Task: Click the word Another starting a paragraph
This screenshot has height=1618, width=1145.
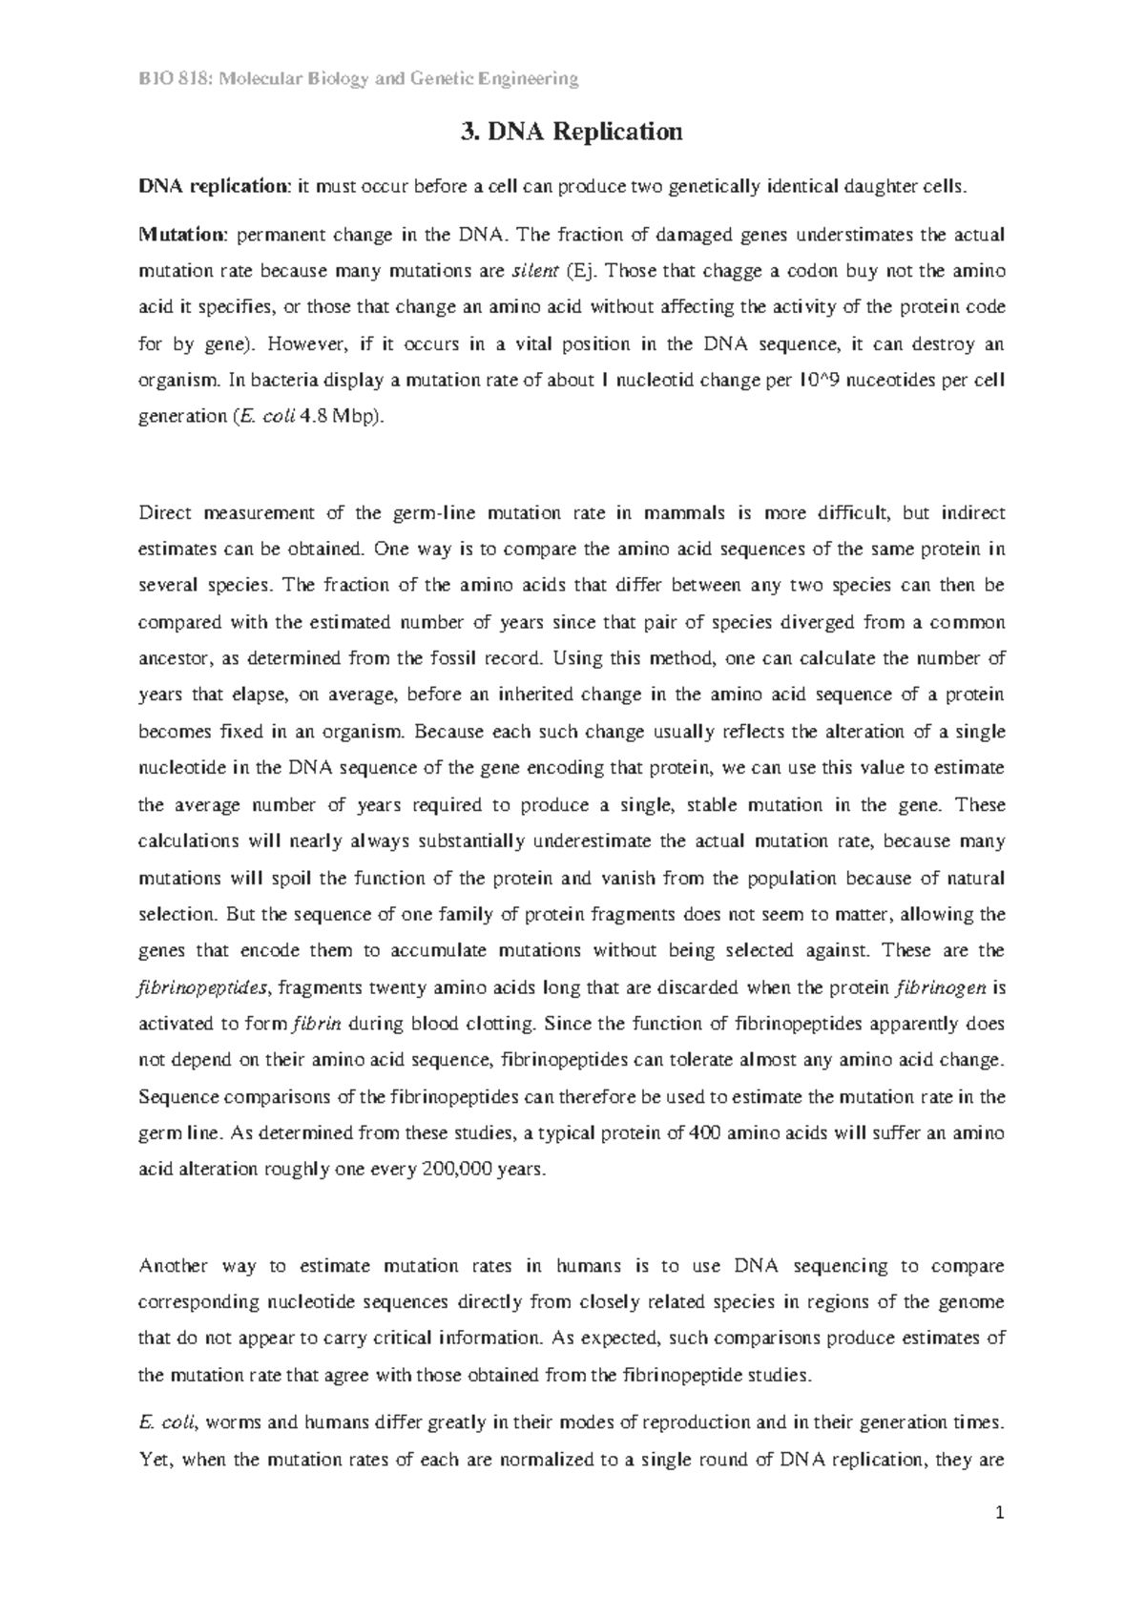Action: (x=174, y=1267)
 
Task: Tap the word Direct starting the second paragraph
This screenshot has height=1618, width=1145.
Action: (x=165, y=514)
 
